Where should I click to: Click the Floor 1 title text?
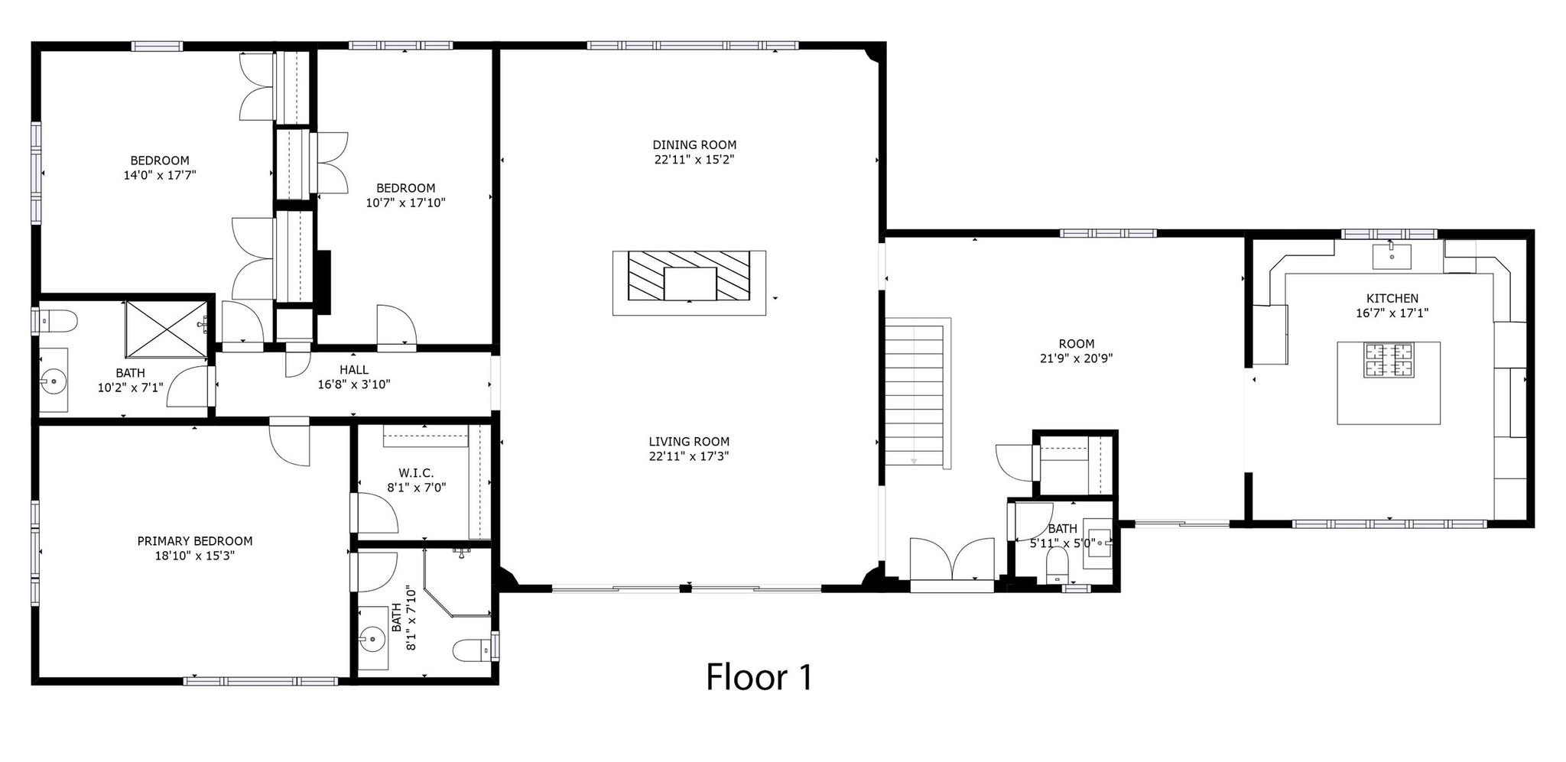tap(759, 676)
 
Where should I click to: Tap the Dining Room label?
tap(694, 144)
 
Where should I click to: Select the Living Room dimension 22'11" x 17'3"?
tap(689, 456)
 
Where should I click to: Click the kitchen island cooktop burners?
tap(1389, 361)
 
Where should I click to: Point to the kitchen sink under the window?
tap(1392, 257)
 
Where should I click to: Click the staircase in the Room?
tap(918, 393)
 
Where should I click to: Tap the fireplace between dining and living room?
tap(690, 283)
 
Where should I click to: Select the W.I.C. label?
tap(416, 472)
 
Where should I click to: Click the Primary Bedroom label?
tap(195, 541)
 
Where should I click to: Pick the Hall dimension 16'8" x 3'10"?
tap(354, 384)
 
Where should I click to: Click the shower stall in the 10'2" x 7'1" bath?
tap(166, 328)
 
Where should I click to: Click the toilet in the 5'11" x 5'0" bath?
tap(1057, 566)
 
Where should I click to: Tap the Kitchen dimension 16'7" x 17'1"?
tap(1392, 313)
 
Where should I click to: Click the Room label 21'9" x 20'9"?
tap(1077, 351)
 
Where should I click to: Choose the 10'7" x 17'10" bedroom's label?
tap(405, 196)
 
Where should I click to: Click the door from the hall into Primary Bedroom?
tap(290, 442)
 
